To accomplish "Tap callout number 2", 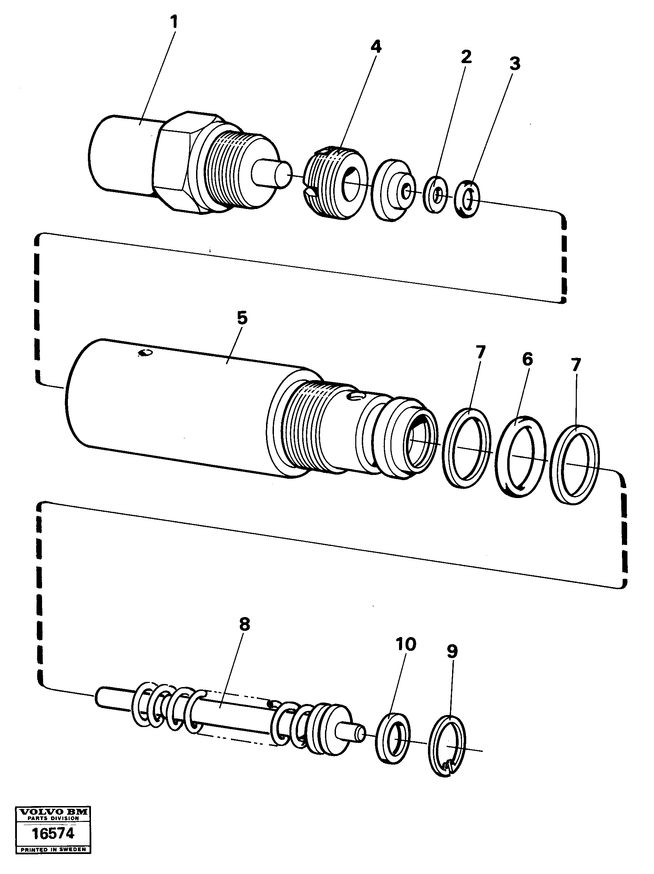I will (x=466, y=57).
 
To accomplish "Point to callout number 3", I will (x=514, y=63).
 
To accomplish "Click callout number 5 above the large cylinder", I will (x=242, y=318).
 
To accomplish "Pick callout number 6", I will (x=527, y=359).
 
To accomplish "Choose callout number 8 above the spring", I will (x=244, y=625).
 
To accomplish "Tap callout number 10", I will (x=406, y=644).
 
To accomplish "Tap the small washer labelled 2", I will (x=436, y=195).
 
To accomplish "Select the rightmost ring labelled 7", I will (x=574, y=465).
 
